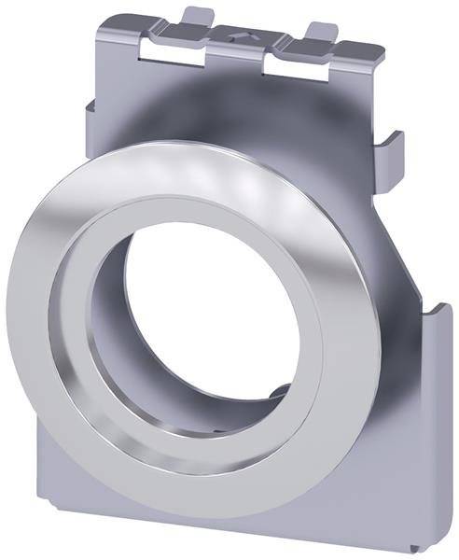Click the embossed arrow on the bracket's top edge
242,35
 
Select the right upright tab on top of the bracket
322,33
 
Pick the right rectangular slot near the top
296,65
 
